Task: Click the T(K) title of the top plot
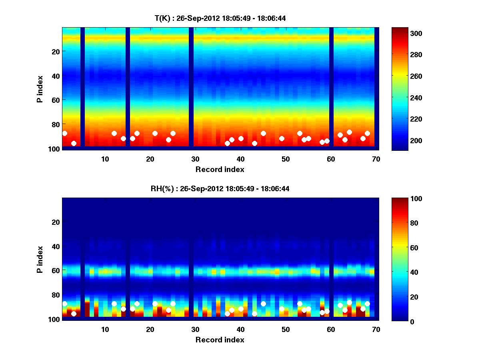tap(220, 18)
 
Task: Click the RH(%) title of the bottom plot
tap(220, 189)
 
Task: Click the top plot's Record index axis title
tap(220, 169)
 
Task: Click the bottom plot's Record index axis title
tap(220, 340)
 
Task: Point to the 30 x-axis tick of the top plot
tap(195, 159)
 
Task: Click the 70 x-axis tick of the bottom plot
tap(376, 329)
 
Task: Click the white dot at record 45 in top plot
tap(263, 134)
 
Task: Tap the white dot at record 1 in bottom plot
tap(65, 304)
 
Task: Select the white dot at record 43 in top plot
tap(254, 143)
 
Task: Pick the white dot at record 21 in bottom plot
tap(155, 304)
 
